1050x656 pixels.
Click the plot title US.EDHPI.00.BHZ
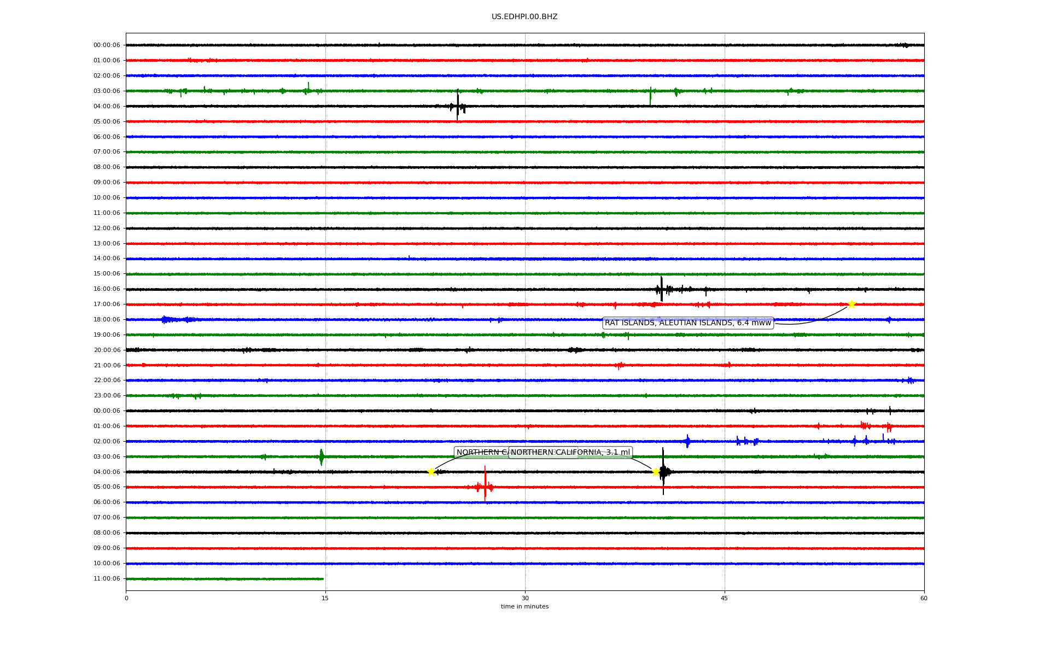coord(524,17)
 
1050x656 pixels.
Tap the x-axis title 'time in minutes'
coord(524,607)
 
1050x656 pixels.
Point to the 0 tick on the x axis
coord(126,598)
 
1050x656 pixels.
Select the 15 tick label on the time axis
coord(325,598)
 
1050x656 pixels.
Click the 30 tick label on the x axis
coord(525,598)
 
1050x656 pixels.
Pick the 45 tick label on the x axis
coord(725,598)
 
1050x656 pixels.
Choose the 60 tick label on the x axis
coord(924,598)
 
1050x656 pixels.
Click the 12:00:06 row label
coord(107,229)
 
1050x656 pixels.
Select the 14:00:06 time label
coord(107,259)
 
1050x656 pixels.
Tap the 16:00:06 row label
coord(107,289)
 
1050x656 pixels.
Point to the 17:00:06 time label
coord(107,304)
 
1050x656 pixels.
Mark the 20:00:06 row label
coord(107,350)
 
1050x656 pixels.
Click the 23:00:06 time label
coord(107,396)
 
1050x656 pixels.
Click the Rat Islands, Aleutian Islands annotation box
coord(687,323)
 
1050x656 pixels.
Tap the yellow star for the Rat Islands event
coord(851,304)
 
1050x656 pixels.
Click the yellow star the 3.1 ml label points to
coord(655,472)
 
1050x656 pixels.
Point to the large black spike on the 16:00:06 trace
coord(662,289)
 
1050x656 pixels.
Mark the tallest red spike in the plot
coord(485,484)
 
